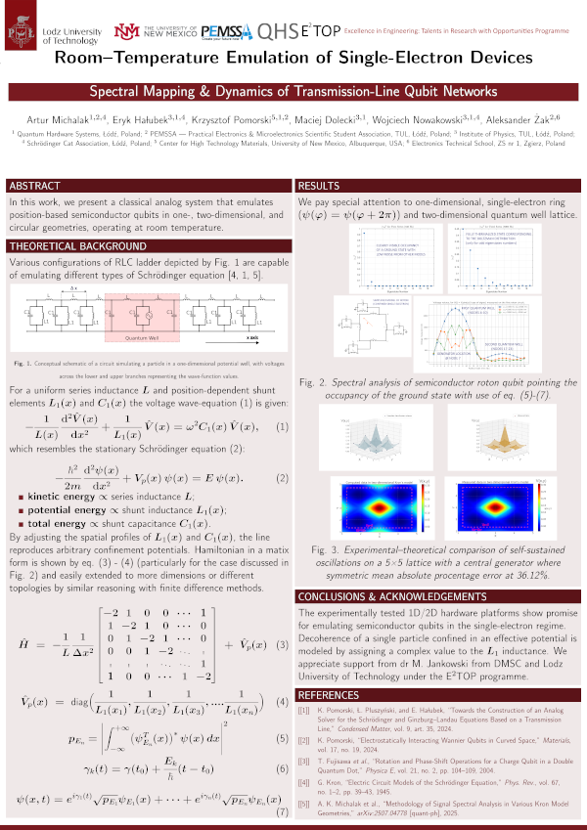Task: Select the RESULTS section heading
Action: (x=319, y=186)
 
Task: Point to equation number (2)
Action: (x=282, y=479)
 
